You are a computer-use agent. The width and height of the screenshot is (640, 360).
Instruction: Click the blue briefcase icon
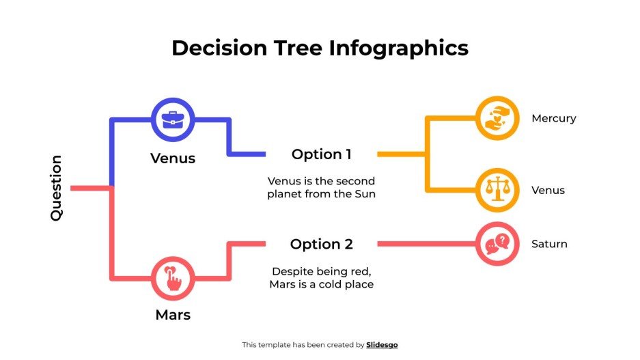[x=173, y=119]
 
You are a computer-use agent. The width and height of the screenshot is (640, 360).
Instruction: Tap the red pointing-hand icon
[x=173, y=279]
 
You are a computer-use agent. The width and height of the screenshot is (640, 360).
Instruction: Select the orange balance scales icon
[x=497, y=190]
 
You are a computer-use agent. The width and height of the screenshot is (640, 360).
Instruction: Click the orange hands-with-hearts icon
[x=497, y=118]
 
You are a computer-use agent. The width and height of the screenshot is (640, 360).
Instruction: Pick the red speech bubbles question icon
[x=497, y=244]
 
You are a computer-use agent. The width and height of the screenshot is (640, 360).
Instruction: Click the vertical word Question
[x=56, y=188]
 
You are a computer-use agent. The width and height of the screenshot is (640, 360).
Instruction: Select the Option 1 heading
[x=321, y=154]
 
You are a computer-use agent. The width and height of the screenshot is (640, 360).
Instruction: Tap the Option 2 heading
[x=321, y=244]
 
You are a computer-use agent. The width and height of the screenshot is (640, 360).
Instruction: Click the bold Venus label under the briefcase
[x=173, y=158]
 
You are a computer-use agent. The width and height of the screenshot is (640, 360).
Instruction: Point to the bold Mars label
[x=173, y=315]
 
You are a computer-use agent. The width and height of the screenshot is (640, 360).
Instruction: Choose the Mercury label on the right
[x=553, y=118]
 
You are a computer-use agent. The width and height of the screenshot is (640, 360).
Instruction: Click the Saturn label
[x=549, y=244]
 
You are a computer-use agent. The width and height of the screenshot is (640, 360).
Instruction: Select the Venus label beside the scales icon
[x=548, y=190]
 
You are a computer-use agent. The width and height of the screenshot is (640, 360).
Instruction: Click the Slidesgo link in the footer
[x=382, y=345]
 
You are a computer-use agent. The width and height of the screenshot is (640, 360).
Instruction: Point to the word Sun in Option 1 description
[x=365, y=194]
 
